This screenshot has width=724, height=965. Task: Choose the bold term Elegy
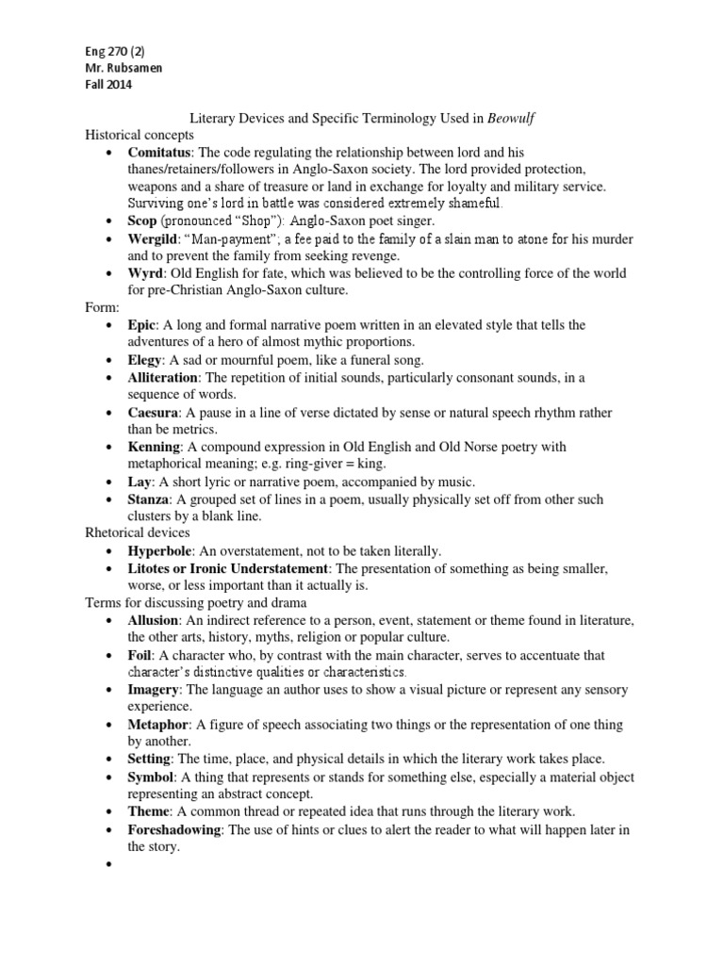[146, 360]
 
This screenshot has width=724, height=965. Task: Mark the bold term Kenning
[154, 446]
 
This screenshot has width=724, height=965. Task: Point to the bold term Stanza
[149, 499]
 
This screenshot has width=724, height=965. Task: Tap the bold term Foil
[141, 654]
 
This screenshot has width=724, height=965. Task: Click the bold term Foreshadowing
[174, 828]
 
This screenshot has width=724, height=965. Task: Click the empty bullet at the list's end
[110, 863]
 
